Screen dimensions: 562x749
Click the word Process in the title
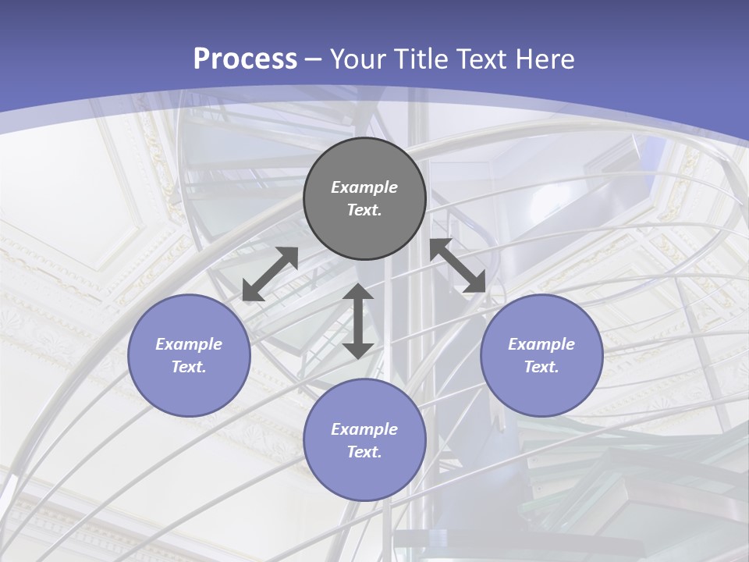[x=245, y=59]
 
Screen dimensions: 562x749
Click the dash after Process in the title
[x=314, y=59]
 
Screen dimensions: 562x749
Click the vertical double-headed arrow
[x=358, y=321]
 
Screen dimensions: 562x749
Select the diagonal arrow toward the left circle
[x=270, y=274]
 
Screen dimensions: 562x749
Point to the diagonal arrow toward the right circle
[x=458, y=265]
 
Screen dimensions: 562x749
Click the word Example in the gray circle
[x=364, y=187]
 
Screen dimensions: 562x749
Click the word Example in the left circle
[x=189, y=344]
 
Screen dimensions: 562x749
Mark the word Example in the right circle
[x=541, y=344]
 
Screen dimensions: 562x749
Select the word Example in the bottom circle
[x=364, y=429]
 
